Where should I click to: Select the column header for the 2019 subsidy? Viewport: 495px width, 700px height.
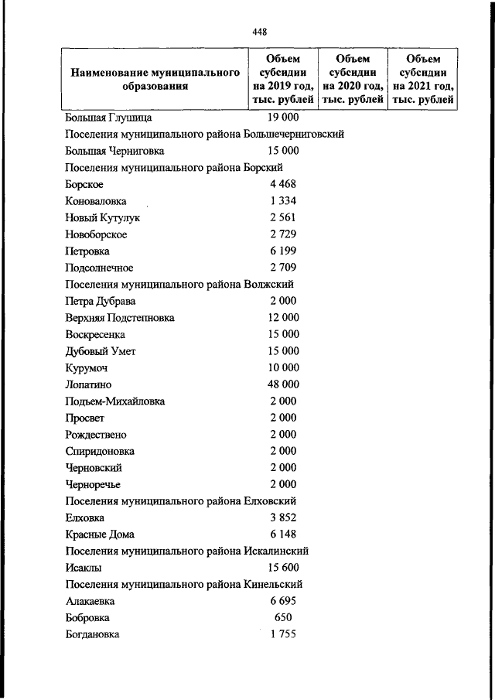coord(283,79)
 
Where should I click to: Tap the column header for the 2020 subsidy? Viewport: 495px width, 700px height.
coord(353,79)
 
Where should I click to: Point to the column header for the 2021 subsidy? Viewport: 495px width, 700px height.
coord(423,79)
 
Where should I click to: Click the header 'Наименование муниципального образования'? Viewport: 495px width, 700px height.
coord(153,79)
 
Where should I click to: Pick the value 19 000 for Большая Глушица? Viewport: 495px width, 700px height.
coord(282,118)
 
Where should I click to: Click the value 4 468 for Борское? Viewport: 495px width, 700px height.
coord(283,184)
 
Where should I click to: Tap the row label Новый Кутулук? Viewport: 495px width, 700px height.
coord(103,217)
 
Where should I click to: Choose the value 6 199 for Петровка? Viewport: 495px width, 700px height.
coord(283,251)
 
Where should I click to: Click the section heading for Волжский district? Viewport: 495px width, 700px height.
coord(179,284)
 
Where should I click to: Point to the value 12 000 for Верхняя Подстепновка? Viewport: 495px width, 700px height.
coord(282,317)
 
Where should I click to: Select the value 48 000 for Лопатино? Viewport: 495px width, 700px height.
coord(282,384)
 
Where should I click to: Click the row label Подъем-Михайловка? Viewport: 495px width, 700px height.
coord(115,401)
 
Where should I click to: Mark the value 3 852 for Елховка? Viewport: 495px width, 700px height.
coord(283,517)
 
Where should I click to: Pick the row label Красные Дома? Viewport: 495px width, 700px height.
coord(100,534)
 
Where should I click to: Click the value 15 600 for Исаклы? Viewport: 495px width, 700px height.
coord(282,568)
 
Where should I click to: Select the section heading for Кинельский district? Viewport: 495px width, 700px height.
coord(184,584)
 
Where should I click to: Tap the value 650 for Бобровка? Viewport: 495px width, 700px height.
coord(283,618)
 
